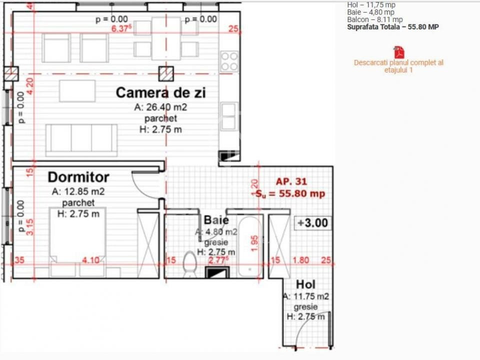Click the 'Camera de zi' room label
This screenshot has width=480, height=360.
(160, 93)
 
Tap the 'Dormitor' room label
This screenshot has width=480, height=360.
(78, 177)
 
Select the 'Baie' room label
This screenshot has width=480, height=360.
(216, 220)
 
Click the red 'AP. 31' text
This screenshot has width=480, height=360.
(291, 182)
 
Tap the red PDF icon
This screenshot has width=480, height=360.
(398, 52)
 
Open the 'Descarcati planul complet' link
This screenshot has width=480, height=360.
(398, 66)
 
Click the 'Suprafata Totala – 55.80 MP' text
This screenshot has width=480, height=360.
(393, 27)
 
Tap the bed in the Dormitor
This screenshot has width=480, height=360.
(77, 235)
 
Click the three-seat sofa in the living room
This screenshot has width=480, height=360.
(81, 138)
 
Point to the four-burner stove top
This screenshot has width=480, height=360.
(229, 61)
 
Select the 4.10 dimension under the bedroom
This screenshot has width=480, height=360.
(91, 260)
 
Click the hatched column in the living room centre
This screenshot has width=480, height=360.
(166, 74)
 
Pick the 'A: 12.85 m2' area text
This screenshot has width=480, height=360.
(78, 191)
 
